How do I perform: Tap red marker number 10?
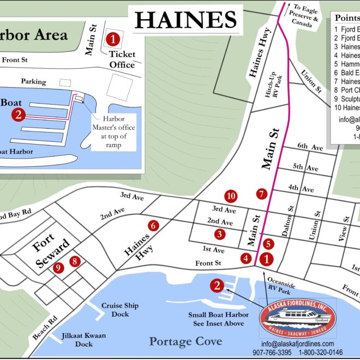(231, 196)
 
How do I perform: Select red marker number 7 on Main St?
(262, 194)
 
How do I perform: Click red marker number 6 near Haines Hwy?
(153, 225)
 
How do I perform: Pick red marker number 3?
(219, 234)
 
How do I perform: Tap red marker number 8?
(75, 261)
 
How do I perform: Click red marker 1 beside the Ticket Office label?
(113, 39)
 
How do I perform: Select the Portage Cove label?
(185, 341)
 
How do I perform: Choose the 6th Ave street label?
(310, 146)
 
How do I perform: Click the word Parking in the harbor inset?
(33, 81)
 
